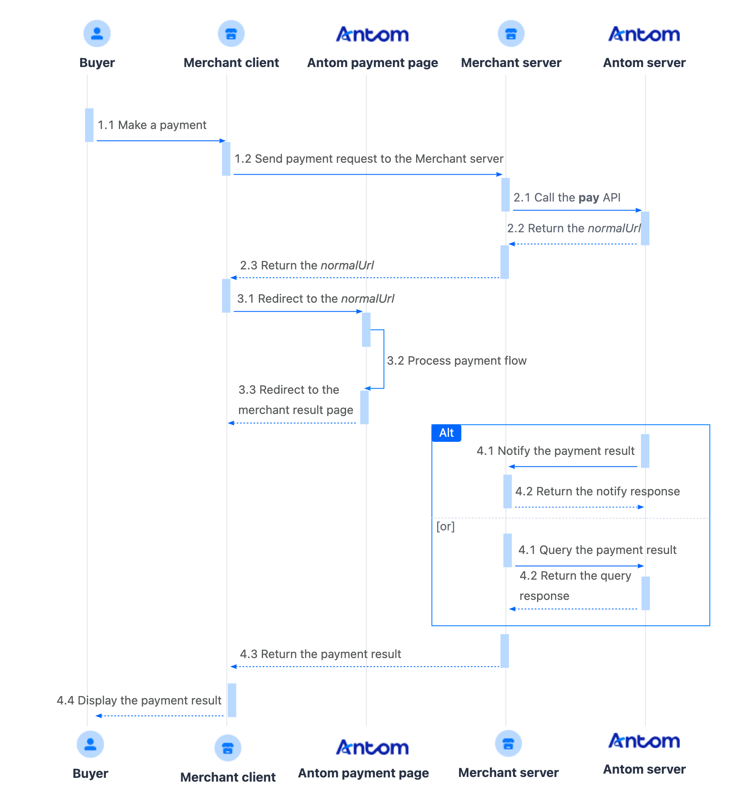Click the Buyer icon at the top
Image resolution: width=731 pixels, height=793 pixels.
click(97, 34)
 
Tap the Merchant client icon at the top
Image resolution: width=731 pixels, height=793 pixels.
click(231, 34)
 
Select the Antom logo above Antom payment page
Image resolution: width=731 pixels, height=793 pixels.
click(372, 35)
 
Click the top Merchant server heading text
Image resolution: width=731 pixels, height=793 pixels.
click(511, 63)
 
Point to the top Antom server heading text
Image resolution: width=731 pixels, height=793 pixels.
click(644, 63)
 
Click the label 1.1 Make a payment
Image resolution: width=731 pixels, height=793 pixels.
click(152, 125)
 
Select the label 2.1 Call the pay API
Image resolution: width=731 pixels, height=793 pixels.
click(567, 198)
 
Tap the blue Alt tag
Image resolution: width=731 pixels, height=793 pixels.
click(446, 433)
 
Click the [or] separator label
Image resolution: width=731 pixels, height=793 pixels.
click(446, 527)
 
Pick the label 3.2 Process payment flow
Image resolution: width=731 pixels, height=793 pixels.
click(457, 361)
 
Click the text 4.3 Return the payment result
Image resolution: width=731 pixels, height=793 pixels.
click(320, 654)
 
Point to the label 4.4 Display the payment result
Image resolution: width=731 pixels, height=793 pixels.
click(139, 701)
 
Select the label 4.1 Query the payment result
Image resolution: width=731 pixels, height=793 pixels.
click(597, 550)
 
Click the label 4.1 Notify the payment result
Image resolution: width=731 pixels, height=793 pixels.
click(555, 451)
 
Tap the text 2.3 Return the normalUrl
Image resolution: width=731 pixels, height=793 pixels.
click(307, 266)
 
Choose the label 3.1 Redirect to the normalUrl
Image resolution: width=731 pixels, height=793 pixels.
click(315, 299)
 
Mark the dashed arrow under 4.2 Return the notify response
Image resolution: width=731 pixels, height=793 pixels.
click(579, 507)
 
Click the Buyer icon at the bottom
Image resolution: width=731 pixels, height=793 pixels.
click(90, 744)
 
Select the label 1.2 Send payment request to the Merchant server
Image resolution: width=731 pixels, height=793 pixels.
click(369, 159)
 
